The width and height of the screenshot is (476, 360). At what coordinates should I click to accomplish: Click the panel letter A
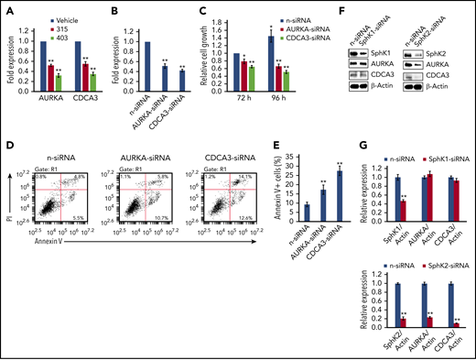coord(7,8)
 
